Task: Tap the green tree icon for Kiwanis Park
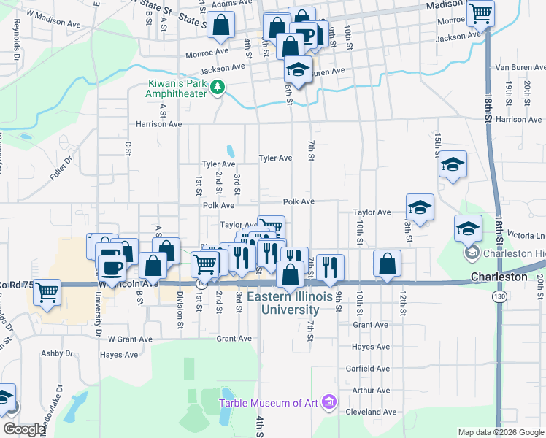click(x=217, y=88)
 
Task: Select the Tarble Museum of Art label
click(x=270, y=403)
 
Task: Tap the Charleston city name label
click(x=499, y=277)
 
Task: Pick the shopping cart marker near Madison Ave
click(x=480, y=12)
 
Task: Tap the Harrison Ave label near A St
click(x=154, y=124)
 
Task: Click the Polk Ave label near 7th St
click(x=299, y=201)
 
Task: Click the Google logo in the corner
click(x=24, y=429)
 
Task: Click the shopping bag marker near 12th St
click(x=388, y=263)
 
